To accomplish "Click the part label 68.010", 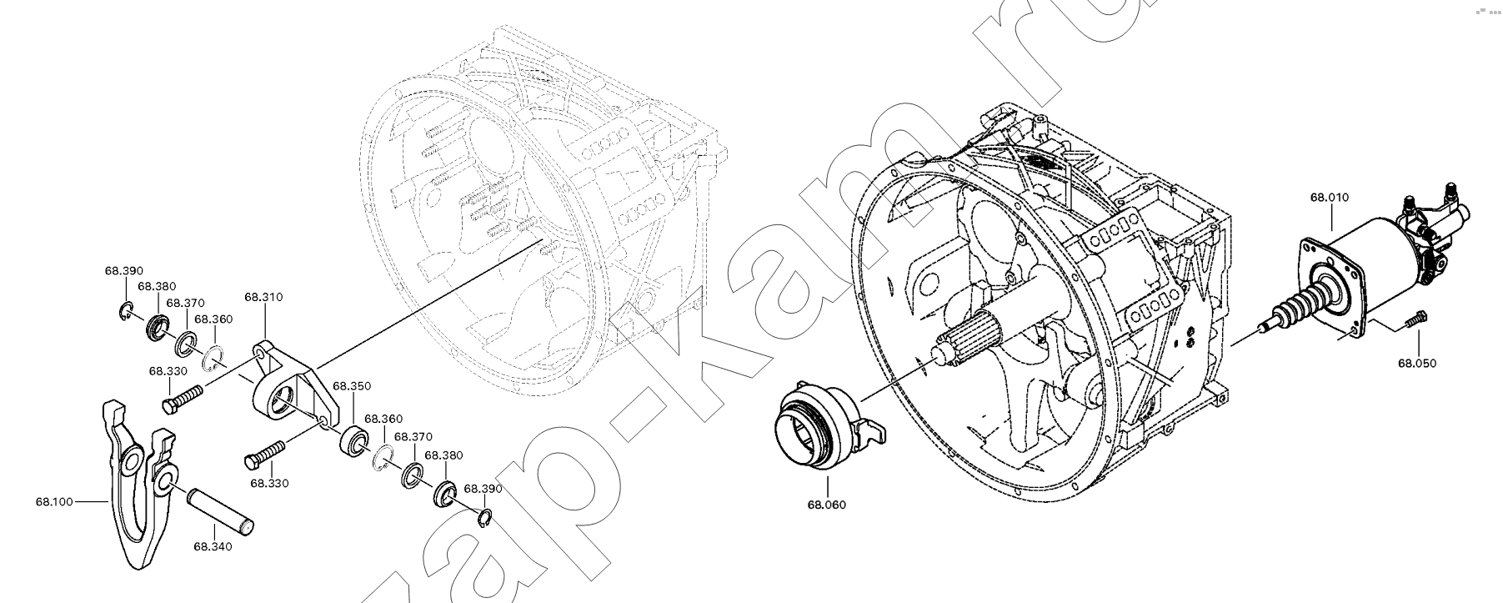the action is coord(1329,198).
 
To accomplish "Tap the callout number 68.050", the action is coord(1417,363).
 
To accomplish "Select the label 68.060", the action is coord(826,505).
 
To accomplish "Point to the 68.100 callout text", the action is coord(54,501).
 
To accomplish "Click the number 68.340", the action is coord(213,546).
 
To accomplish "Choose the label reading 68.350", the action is coord(352,386).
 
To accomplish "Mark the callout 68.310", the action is coord(263,296).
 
